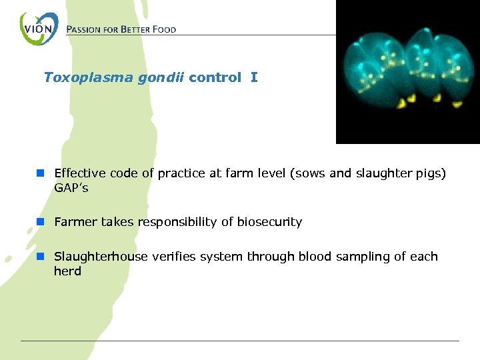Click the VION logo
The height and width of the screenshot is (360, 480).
[x=39, y=29]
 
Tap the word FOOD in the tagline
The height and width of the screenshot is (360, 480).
[x=162, y=30]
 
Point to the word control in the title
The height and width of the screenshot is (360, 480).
[x=215, y=77]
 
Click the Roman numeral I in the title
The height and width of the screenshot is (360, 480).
[x=254, y=77]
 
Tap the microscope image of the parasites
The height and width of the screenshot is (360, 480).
[x=407, y=72]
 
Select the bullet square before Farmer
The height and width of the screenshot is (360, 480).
[x=41, y=222]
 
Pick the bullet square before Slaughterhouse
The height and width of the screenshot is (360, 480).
[x=41, y=257]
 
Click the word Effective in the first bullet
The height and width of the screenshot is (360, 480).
[x=80, y=173]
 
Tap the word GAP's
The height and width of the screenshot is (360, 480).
[x=71, y=188]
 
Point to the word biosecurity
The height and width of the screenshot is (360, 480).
[x=269, y=223]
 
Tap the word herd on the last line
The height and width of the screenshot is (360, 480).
[x=67, y=271]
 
